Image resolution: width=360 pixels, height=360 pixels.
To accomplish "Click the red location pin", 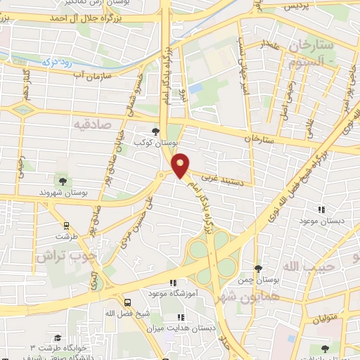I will click(x=181, y=165).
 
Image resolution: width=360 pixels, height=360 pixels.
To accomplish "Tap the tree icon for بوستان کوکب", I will click(x=156, y=131).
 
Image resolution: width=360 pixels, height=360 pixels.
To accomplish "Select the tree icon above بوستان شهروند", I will click(x=63, y=181).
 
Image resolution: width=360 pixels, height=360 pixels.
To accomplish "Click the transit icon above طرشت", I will click(x=66, y=226).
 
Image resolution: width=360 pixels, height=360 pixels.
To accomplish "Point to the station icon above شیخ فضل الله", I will click(x=127, y=301).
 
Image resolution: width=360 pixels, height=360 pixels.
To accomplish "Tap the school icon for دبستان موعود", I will click(x=321, y=209).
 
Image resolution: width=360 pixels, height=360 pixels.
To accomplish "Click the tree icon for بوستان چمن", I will click(x=258, y=269).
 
